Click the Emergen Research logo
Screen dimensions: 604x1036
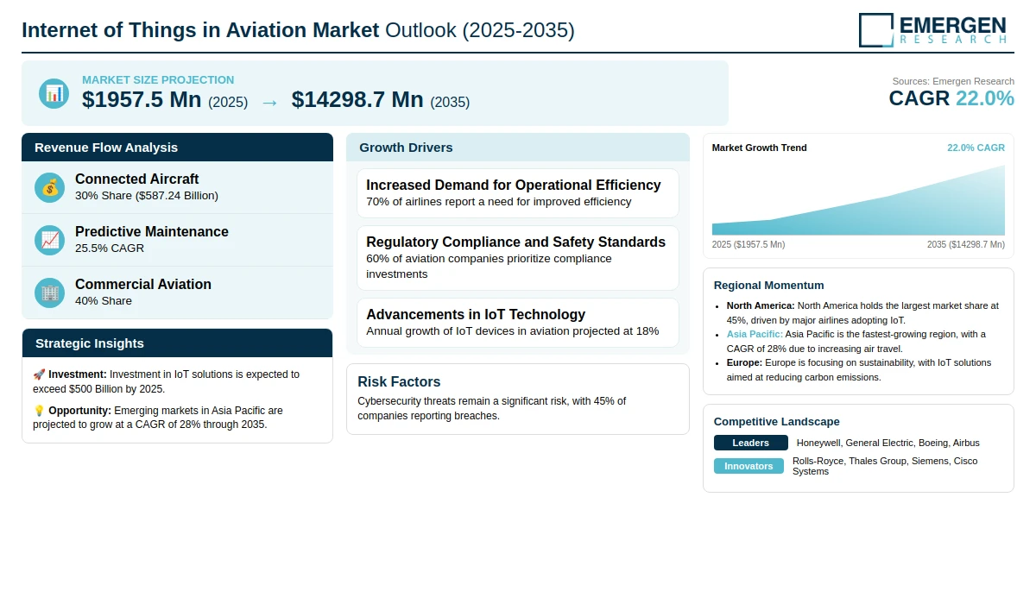(x=932, y=29)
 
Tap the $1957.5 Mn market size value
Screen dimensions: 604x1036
(x=142, y=100)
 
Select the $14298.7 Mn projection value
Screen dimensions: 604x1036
(x=357, y=100)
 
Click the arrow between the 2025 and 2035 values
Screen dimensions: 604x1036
(x=269, y=102)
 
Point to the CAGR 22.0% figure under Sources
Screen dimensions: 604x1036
(x=951, y=98)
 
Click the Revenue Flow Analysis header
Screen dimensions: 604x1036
(x=106, y=148)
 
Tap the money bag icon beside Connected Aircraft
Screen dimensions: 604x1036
(x=50, y=187)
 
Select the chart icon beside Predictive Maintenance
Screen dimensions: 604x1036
(x=50, y=240)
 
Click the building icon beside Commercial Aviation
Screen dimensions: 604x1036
(x=50, y=293)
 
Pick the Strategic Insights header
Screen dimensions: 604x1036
(x=90, y=343)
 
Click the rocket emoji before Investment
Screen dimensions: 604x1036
(x=39, y=374)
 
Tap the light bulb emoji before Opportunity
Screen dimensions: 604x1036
(x=39, y=411)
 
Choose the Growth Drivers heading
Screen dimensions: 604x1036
(x=406, y=148)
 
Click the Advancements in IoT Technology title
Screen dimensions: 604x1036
(x=476, y=314)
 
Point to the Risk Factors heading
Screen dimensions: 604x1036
(x=399, y=381)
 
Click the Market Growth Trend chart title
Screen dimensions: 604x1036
(x=759, y=148)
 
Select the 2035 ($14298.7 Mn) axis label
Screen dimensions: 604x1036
(x=965, y=245)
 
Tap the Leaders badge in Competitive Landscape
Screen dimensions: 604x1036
(x=750, y=443)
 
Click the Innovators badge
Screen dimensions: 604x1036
(x=749, y=466)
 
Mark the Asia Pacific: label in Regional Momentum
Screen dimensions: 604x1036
(x=755, y=334)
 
